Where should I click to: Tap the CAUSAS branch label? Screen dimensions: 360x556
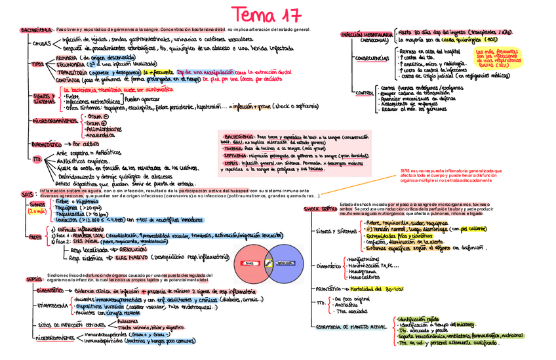pos(41,44)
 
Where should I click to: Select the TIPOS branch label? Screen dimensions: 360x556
pos(37,65)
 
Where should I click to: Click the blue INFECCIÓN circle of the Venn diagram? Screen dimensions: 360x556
pos(286,262)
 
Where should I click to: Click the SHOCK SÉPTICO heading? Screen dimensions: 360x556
pos(320,209)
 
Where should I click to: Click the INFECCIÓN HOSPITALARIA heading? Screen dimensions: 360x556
pos(367,34)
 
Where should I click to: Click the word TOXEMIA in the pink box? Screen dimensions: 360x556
pos(235,148)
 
